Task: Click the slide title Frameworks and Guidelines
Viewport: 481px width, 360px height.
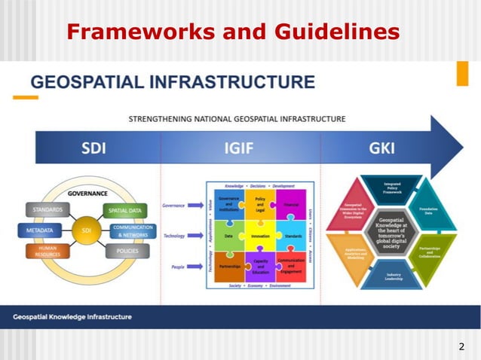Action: click(233, 32)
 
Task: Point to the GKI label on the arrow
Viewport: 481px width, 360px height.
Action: click(381, 148)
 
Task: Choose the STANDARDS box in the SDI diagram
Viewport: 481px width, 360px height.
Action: click(47, 209)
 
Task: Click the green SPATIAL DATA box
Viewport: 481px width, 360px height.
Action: click(126, 210)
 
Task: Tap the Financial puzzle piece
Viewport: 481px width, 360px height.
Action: click(290, 203)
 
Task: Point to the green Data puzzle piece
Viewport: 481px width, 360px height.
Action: click(228, 236)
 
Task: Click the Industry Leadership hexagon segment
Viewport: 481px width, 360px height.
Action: click(393, 276)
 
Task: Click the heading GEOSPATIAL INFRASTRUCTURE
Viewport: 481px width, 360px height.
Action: click(172, 82)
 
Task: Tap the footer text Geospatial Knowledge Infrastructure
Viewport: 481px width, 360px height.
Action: click(72, 316)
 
